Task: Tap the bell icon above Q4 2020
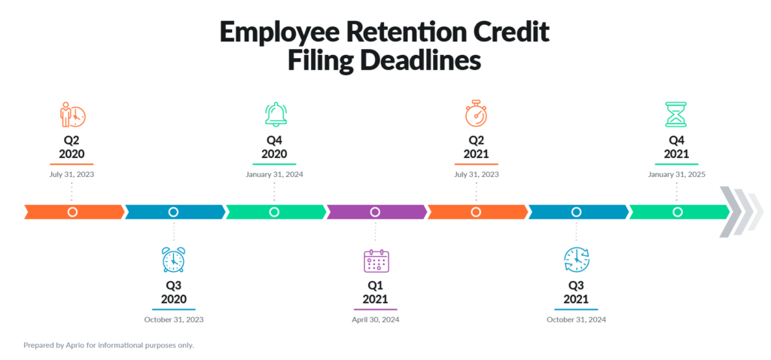click(x=276, y=114)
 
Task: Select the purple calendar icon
click(x=376, y=261)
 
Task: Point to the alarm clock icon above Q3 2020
click(x=173, y=259)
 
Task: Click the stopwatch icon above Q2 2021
click(x=476, y=114)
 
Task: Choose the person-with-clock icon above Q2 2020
click(x=72, y=114)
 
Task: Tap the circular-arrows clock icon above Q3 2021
click(x=576, y=260)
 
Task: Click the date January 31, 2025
click(x=676, y=174)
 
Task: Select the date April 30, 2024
click(x=376, y=319)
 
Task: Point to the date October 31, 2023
click(x=174, y=319)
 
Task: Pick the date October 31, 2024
click(x=576, y=319)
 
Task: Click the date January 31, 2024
click(x=274, y=174)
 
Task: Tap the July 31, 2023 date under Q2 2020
click(x=72, y=174)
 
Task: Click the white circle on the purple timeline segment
click(x=375, y=212)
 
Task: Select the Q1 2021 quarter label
click(x=375, y=292)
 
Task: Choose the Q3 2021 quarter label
click(x=576, y=292)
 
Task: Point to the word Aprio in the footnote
click(x=73, y=345)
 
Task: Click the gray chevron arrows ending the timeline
click(x=741, y=212)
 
